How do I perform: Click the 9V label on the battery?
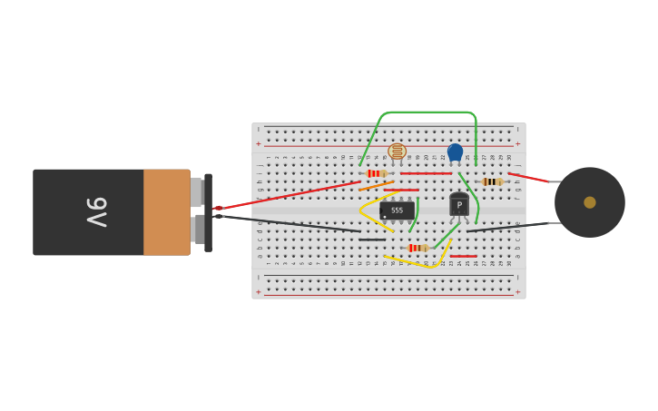point(96,212)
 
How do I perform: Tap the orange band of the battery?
point(166,212)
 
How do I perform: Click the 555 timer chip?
point(397,210)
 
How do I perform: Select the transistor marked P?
point(459,206)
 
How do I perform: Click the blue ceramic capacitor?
point(455,152)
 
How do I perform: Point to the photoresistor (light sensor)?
point(397,152)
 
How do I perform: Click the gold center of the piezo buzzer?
point(590,202)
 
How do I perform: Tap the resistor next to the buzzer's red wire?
point(491,181)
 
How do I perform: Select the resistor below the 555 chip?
point(417,248)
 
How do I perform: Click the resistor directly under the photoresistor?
point(375,173)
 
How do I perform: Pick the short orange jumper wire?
point(376,186)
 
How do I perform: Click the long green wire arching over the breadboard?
point(427,113)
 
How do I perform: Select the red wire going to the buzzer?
point(528,177)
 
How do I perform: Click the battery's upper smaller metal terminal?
point(196,191)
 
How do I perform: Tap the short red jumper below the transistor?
point(463,256)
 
